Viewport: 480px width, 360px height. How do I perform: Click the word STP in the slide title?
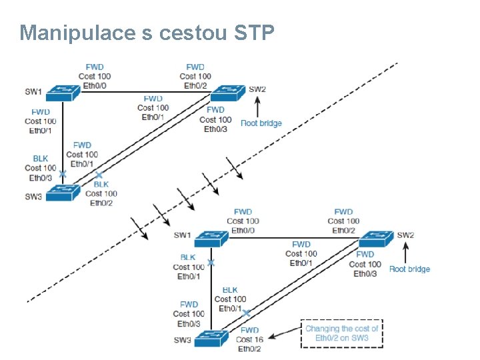pos(255,32)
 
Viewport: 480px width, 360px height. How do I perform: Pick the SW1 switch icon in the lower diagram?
pos(212,237)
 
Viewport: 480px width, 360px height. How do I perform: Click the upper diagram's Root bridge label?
pos(261,123)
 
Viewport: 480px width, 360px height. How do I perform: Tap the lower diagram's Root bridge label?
pos(409,269)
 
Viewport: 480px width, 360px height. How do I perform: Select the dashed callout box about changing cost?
pos(341,333)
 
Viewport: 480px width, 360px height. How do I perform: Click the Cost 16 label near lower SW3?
pos(249,339)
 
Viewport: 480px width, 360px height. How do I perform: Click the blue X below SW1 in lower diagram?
pos(211,263)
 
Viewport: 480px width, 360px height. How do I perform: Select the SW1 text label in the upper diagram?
pos(33,91)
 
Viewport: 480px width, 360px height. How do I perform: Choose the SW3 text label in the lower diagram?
pos(183,340)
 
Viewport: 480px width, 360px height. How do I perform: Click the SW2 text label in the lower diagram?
pos(406,235)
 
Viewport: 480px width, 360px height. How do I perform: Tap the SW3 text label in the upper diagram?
pos(33,195)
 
